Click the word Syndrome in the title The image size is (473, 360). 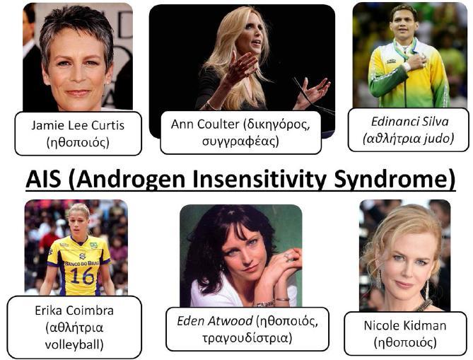point(395,179)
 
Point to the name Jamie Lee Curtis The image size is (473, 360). point(78,125)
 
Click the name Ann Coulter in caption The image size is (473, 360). point(205,124)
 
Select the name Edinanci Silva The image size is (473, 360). point(409,122)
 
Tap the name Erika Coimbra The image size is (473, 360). point(74,310)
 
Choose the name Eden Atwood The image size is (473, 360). point(215,321)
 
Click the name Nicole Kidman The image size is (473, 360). point(405,325)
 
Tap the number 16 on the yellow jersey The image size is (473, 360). point(81,276)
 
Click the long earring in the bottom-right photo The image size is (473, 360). point(427,289)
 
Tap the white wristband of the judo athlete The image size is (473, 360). point(407,66)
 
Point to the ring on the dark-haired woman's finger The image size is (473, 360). point(286,256)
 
